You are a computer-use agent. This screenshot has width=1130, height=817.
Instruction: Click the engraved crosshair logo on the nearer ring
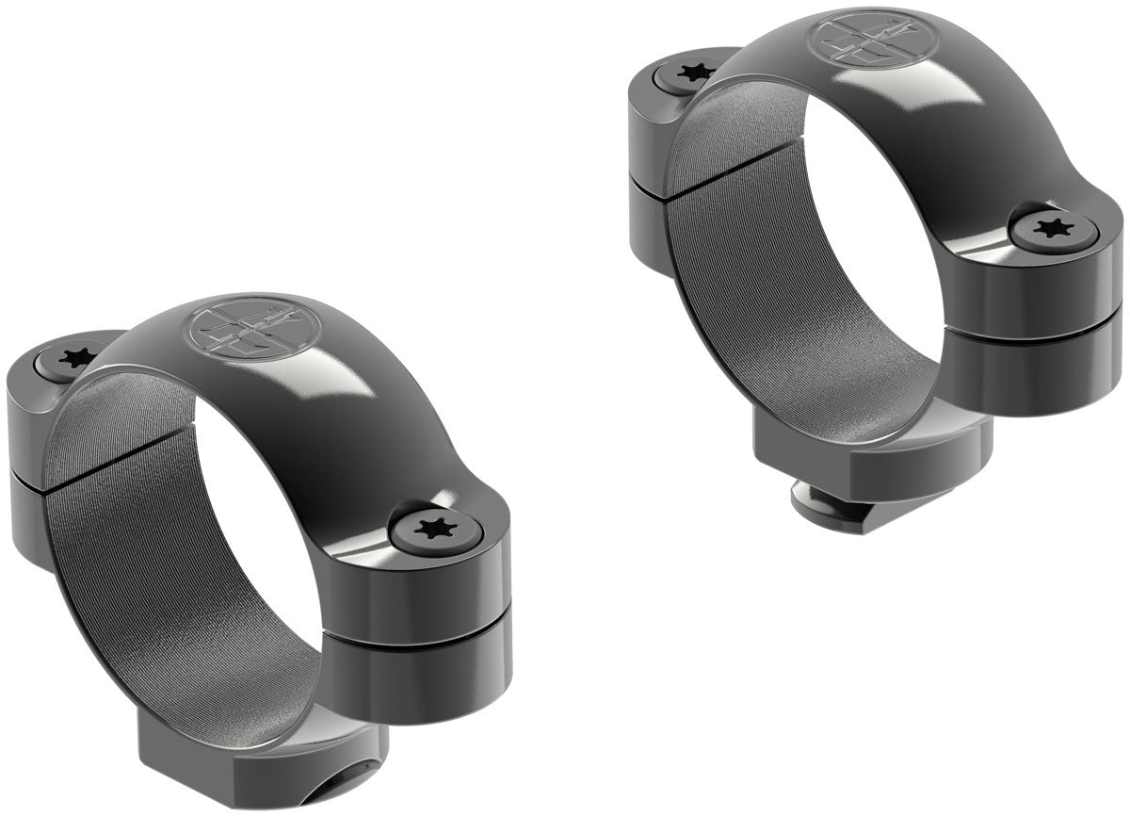click(x=253, y=332)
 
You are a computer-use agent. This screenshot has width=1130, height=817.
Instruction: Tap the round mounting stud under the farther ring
click(x=830, y=510)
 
